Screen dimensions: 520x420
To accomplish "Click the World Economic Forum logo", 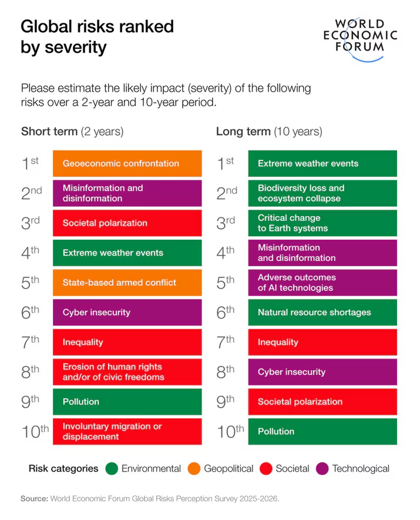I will (360, 36).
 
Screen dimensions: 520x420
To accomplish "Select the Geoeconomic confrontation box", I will (127, 163).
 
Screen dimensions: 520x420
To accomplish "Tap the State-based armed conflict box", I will (127, 283).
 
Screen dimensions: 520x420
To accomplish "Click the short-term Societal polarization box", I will (127, 223).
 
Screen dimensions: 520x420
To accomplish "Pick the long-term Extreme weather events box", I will (322, 163).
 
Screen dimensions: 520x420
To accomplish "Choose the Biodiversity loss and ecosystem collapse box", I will (322, 193).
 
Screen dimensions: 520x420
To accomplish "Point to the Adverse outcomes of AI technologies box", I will (322, 283).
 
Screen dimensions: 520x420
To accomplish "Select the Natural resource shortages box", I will (322, 312).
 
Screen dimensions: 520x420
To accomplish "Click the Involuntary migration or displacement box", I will (127, 431).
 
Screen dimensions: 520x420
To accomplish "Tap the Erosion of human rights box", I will (127, 372).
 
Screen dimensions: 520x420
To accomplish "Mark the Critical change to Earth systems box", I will (322, 223).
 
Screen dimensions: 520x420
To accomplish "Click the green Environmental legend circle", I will (112, 469).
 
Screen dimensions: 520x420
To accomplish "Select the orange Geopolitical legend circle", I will (194, 469).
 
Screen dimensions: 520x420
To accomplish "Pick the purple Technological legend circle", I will (322, 469).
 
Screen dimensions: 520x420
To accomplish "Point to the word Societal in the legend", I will (292, 469).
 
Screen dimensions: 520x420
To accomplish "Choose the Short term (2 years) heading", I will (72, 131).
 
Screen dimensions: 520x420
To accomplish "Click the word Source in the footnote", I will (34, 499).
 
